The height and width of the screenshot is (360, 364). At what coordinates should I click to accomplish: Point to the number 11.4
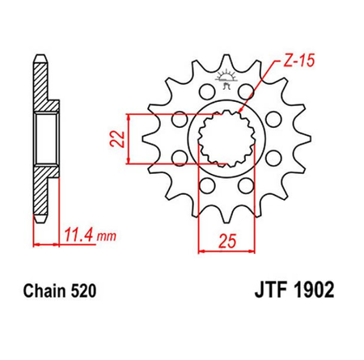coord(76,236)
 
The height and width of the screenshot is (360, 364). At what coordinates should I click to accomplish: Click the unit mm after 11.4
coord(103,237)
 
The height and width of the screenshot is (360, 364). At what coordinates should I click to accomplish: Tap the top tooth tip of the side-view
coord(39,61)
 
